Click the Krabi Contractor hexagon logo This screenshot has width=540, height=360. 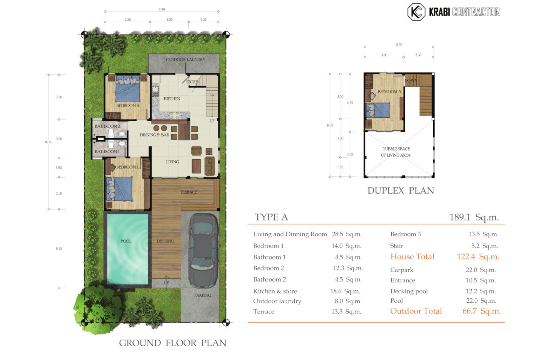[x=416, y=12]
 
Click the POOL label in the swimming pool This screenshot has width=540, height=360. [x=126, y=241]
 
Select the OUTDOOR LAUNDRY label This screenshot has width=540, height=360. [x=186, y=60]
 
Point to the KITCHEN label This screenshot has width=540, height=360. [x=172, y=98]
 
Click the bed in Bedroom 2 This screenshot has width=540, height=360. [x=128, y=88]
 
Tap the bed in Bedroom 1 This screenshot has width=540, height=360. [x=120, y=188]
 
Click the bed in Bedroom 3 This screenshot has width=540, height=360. [x=378, y=110]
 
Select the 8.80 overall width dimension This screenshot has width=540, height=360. [x=162, y=9]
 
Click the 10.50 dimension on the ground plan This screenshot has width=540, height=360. [x=48, y=142]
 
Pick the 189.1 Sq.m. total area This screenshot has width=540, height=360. [x=474, y=217]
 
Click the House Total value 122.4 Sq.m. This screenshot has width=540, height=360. [x=478, y=257]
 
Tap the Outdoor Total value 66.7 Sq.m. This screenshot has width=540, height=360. [x=481, y=311]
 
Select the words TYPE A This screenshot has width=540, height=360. [x=271, y=217]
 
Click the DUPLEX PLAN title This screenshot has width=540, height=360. [x=400, y=190]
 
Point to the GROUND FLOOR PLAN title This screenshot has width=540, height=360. [x=172, y=343]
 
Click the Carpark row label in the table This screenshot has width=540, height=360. [x=402, y=270]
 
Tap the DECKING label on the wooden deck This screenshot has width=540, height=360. [x=165, y=241]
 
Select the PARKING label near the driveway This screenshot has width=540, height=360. [x=203, y=295]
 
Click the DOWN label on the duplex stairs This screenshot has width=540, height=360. [x=411, y=80]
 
